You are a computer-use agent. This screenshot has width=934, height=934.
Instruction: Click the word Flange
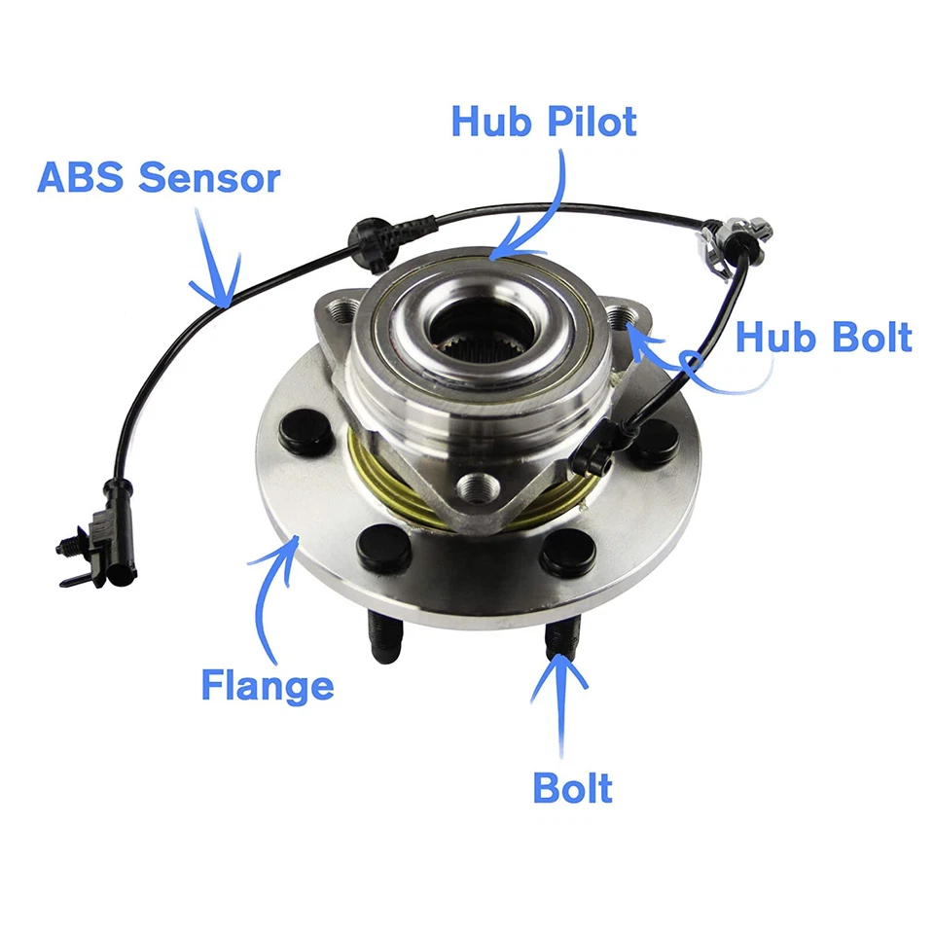[x=268, y=685]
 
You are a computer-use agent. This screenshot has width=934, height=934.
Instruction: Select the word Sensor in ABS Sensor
[x=209, y=178]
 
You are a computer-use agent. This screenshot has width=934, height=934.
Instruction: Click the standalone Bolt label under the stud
[x=573, y=787]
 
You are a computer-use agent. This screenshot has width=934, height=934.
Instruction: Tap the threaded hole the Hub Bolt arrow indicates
[x=621, y=318]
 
